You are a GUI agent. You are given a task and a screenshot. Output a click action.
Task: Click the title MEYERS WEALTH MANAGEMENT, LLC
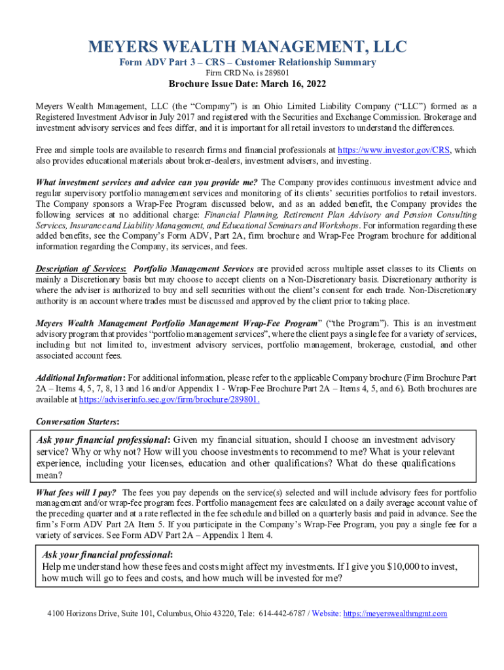[x=247, y=47]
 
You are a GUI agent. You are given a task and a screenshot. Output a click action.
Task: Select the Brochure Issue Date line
[x=247, y=84]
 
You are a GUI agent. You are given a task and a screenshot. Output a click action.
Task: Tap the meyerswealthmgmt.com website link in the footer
[x=395, y=613]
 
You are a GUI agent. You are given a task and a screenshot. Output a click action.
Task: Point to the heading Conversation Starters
[x=73, y=421]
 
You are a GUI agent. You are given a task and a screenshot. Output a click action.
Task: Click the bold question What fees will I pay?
[x=76, y=492]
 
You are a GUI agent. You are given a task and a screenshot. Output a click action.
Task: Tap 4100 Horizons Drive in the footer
[x=82, y=613]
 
